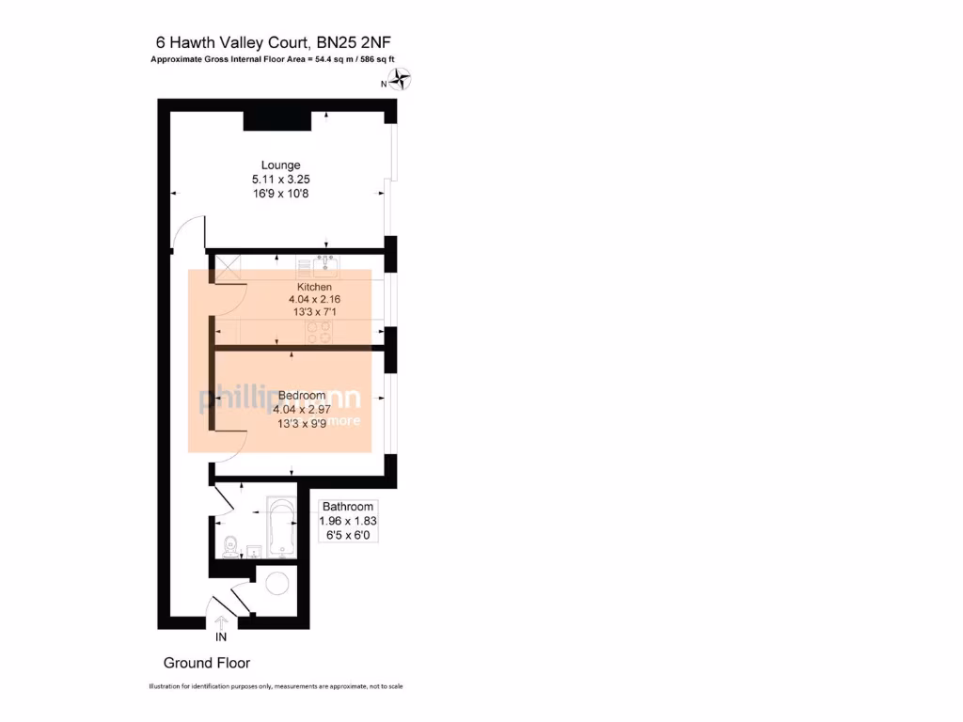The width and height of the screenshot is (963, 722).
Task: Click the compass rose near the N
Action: (x=402, y=81)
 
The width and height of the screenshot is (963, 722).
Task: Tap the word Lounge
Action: (x=280, y=165)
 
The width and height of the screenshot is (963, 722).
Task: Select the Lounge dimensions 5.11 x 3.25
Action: (x=280, y=180)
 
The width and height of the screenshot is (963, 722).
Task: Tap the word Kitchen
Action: (x=314, y=287)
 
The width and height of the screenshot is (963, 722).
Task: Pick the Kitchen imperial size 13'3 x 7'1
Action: (x=314, y=313)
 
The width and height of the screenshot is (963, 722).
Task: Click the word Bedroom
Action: (x=302, y=396)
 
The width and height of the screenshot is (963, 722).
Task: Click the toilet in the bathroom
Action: (x=229, y=544)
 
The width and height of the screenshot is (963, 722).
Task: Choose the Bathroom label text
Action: (x=348, y=507)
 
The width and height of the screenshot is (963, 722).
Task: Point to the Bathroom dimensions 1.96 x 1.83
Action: (x=348, y=521)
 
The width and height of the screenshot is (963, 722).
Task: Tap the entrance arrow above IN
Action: (x=222, y=621)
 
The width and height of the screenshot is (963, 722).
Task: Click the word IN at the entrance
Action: (x=221, y=637)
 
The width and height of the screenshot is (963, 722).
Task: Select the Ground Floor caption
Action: (x=207, y=663)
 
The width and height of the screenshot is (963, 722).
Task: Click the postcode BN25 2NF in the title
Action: (x=360, y=42)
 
